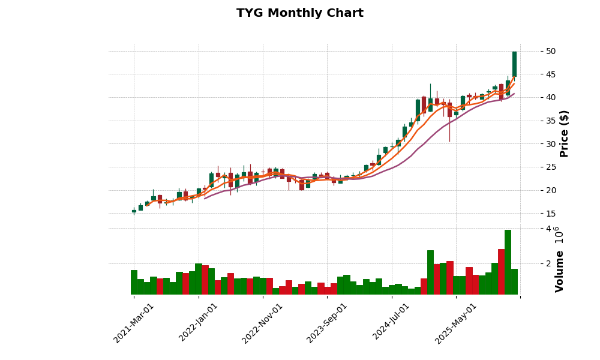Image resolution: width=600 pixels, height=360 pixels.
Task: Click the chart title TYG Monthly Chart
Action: point(299,13)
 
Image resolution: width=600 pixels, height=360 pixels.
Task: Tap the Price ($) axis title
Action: point(564,133)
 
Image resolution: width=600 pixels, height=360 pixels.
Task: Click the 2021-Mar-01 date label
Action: point(134,323)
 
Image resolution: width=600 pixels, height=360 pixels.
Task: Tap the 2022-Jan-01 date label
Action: point(199,323)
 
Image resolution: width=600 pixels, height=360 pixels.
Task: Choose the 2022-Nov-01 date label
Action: point(262,323)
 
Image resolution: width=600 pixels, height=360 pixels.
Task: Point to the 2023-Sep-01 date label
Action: point(327,323)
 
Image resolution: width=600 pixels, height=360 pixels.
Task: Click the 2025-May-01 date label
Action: point(456,323)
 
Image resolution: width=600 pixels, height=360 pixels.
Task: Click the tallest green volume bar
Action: point(508,262)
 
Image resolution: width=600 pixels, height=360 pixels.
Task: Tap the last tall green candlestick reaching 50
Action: point(514,64)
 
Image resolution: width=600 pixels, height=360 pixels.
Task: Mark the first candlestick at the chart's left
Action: point(134,211)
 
